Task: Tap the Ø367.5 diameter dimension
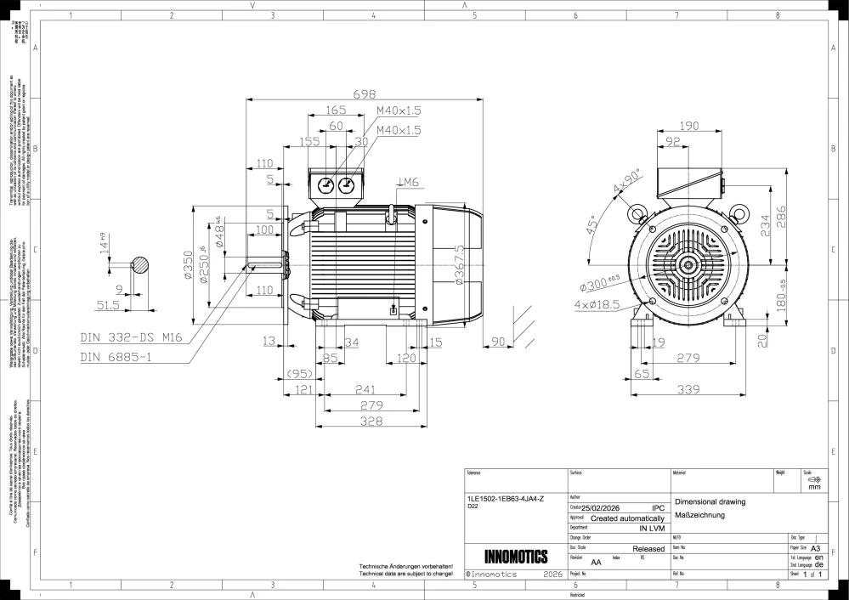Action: click(459, 265)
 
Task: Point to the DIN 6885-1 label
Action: click(116, 358)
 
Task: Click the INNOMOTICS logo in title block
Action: click(515, 558)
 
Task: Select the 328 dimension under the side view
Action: click(369, 422)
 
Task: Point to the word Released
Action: click(648, 549)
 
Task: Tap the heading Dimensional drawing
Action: click(710, 501)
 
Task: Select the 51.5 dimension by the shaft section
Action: click(108, 303)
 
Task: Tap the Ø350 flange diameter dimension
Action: click(189, 265)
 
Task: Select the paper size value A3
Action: click(815, 549)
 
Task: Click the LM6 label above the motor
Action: click(408, 182)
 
